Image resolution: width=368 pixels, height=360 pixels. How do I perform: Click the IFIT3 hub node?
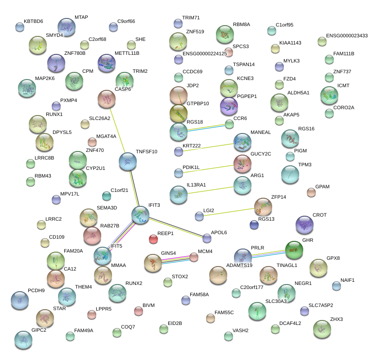tap(140, 215)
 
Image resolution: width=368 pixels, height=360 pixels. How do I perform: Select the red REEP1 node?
tap(153, 239)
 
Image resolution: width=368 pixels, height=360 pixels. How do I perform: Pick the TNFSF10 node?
tap(128, 161)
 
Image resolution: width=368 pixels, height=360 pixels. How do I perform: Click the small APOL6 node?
tap(206, 238)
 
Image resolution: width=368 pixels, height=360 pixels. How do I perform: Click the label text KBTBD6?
tap(33, 21)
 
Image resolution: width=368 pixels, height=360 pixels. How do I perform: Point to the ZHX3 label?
tap(336, 319)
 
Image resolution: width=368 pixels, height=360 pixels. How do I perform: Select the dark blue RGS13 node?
tap(255, 225)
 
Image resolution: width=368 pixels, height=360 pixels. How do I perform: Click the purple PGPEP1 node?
tap(229, 107)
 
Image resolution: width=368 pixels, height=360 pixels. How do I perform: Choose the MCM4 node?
tap(193, 257)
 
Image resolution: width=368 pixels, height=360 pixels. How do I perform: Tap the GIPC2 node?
tap(23, 340)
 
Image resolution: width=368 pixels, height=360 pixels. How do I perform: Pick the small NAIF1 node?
tap(336, 286)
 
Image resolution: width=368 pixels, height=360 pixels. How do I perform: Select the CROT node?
tap(305, 225)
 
